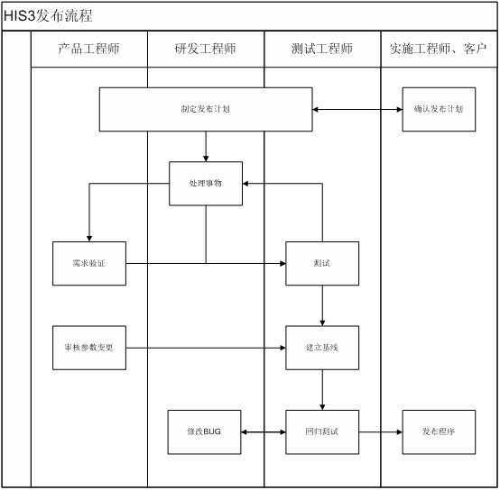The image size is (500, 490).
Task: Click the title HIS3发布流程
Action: pos(48,16)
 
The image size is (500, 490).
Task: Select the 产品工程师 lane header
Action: pos(89,49)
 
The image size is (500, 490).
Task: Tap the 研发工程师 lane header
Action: pos(206,49)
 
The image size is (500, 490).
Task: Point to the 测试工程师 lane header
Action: pos(322,49)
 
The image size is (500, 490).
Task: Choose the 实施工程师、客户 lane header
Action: pos(439,49)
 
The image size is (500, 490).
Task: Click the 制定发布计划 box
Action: pos(206,109)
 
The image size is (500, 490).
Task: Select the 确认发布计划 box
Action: pos(439,109)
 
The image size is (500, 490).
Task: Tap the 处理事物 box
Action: pos(206,183)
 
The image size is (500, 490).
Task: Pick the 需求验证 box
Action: pos(89,263)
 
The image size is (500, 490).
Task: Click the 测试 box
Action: pos(322,263)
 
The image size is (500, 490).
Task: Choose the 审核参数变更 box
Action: pos(89,348)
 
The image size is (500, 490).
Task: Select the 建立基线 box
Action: pos(322,348)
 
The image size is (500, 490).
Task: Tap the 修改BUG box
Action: pos(204,431)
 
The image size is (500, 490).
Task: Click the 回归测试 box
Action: pos(322,431)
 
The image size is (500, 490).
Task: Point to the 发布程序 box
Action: pos(439,431)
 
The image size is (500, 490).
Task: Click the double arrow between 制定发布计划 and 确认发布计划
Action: pos(357,110)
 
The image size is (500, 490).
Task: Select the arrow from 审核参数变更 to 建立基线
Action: pos(206,348)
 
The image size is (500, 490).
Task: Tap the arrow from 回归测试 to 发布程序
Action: pos(381,432)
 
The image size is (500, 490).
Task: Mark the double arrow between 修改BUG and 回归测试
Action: pos(264,432)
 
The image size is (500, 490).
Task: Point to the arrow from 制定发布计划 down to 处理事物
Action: pos(206,146)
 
